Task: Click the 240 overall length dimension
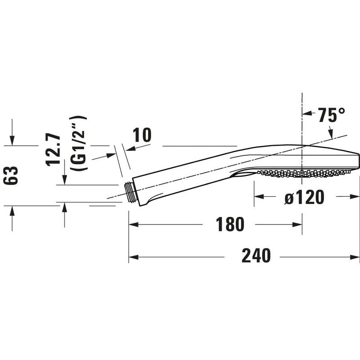click(256, 256)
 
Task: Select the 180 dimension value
click(230, 224)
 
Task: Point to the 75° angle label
click(331, 115)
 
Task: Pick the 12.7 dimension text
click(53, 150)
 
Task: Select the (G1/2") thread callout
click(78, 143)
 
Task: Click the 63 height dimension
click(10, 175)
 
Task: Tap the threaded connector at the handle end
click(130, 193)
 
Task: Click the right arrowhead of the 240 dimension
click(355, 257)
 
